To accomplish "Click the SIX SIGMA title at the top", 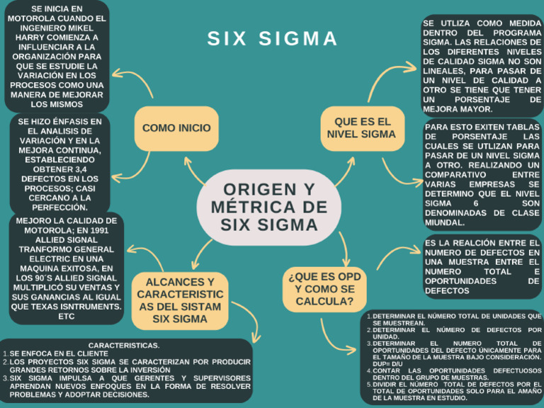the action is [273, 39].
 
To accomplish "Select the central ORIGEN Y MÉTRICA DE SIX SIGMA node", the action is [268, 208].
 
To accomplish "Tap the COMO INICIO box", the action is [176, 128].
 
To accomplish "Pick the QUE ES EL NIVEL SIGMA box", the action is [361, 128].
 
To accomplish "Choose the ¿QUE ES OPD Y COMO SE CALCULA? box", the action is [325, 290].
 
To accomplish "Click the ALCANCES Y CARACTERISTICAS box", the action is [180, 300].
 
